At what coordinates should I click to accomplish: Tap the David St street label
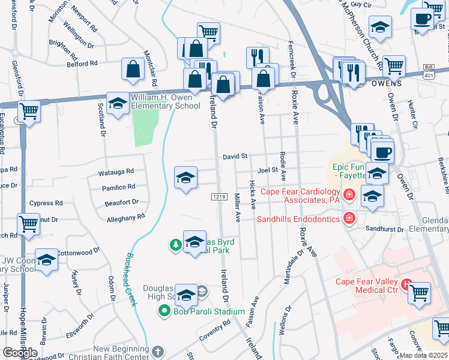[235, 156]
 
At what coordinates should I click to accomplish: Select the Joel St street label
[268, 170]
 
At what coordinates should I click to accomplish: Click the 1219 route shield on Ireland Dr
[218, 197]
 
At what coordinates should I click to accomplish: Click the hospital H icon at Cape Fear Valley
[407, 283]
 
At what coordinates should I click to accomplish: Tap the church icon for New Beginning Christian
[157, 351]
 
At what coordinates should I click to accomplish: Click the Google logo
[20, 352]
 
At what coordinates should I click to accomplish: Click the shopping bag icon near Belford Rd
[133, 70]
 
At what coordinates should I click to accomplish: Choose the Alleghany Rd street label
[125, 217]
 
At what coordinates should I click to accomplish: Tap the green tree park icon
[175, 244]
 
